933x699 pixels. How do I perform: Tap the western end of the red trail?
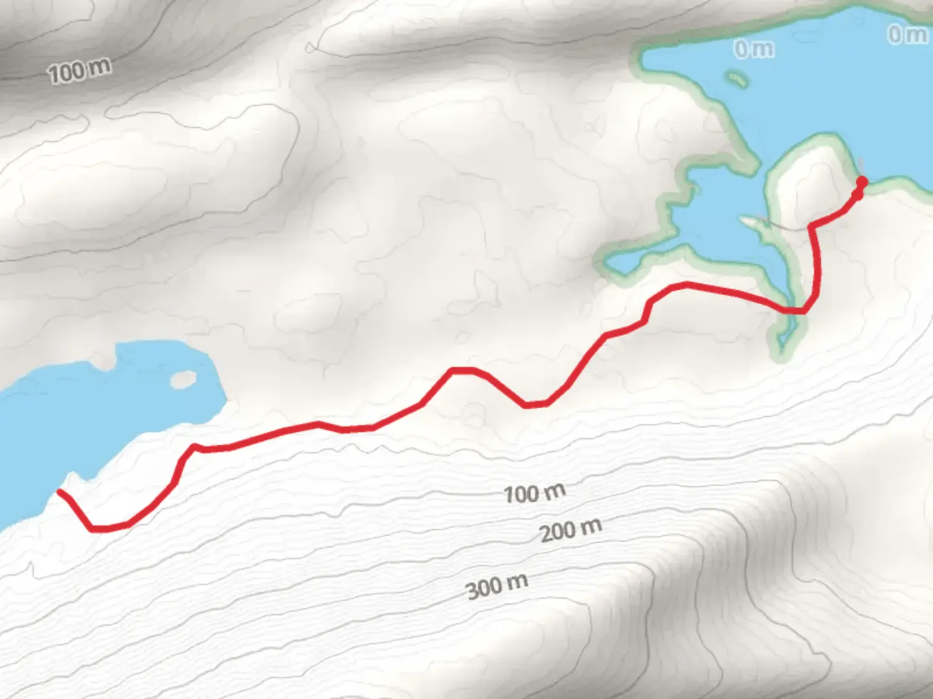click(x=60, y=492)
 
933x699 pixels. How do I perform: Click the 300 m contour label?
click(x=497, y=586)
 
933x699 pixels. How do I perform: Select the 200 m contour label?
click(x=571, y=531)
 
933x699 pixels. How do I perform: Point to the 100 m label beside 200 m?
click(x=535, y=493)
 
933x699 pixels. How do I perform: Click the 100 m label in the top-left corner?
click(x=79, y=70)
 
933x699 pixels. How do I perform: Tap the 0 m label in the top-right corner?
click(x=907, y=34)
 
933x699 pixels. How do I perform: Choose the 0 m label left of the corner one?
click(x=754, y=49)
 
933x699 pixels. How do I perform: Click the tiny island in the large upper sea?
click(x=735, y=80)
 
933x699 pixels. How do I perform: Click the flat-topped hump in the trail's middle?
click(x=463, y=371)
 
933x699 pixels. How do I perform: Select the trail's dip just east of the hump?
click(x=536, y=405)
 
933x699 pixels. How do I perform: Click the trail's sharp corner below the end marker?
click(x=812, y=226)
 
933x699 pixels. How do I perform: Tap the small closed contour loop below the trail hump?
click(x=475, y=414)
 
